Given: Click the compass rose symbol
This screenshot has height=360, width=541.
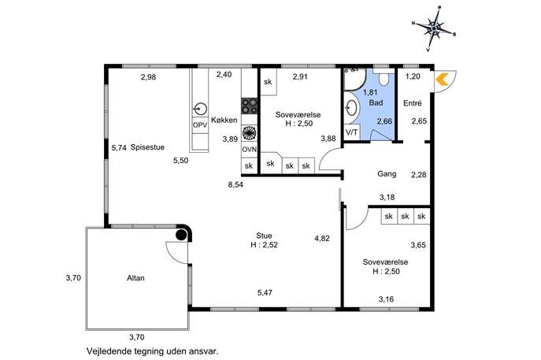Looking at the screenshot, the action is (x=434, y=28).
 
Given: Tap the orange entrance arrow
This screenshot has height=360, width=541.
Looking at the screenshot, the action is (x=441, y=79).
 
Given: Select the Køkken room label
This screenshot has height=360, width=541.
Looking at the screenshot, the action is (x=224, y=120).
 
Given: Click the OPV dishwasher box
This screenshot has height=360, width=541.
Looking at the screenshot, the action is (x=200, y=125).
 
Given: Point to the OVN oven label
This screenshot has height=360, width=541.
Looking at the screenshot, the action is (x=249, y=150).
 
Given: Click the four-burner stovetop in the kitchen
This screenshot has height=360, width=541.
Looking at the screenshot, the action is (x=249, y=106).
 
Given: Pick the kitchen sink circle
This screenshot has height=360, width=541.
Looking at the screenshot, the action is (x=200, y=109).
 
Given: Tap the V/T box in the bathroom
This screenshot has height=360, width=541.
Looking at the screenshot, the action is (x=352, y=132).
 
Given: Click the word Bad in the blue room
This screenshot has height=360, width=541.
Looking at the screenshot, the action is (x=376, y=102).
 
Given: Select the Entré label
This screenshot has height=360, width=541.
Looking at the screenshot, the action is (x=413, y=103).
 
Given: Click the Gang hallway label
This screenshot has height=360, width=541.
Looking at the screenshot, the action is (x=387, y=173).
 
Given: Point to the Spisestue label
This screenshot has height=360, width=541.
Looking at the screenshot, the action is (x=147, y=147).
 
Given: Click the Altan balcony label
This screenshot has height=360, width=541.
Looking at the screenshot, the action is (x=135, y=278).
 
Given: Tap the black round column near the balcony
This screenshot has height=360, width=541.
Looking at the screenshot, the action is (x=181, y=235).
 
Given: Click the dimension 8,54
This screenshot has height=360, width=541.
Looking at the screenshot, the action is (x=235, y=184).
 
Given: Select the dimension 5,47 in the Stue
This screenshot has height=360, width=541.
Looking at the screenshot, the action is (x=265, y=293).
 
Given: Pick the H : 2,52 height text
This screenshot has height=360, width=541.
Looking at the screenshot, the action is (x=265, y=245).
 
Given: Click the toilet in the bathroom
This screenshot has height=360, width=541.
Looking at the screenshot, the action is (x=384, y=76).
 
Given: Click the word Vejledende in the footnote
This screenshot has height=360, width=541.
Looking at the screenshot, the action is (x=108, y=351).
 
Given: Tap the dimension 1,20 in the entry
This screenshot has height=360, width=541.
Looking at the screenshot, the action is (x=413, y=76).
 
